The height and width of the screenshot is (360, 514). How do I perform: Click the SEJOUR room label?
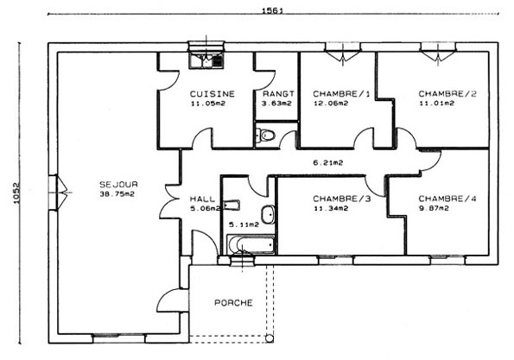click(118, 185)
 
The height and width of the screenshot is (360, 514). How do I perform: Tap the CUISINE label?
click(213, 94)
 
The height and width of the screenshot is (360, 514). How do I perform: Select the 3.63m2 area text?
click(276, 104)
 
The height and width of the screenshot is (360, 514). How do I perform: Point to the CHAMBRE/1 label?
click(341, 94)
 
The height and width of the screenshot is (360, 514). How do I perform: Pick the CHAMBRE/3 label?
click(341, 199)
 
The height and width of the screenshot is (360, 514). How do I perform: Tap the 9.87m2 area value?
click(434, 208)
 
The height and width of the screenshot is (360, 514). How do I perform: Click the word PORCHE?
click(233, 303)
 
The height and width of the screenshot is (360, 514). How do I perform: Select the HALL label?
click(203, 199)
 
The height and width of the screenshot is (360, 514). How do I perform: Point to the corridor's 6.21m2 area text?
click(327, 162)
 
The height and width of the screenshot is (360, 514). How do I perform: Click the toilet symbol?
click(265, 135)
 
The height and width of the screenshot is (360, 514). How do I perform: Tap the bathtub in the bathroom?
click(251, 244)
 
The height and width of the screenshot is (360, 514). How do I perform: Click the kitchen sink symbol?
click(206, 60)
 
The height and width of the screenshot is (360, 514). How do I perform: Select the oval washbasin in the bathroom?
click(268, 215)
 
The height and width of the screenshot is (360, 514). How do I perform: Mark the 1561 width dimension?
click(272, 11)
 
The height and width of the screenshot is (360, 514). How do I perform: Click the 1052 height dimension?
click(16, 193)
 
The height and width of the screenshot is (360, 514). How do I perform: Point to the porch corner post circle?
click(270, 338)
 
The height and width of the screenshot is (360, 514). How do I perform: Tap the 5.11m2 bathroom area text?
click(244, 224)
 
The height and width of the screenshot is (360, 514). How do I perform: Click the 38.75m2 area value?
click(117, 194)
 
